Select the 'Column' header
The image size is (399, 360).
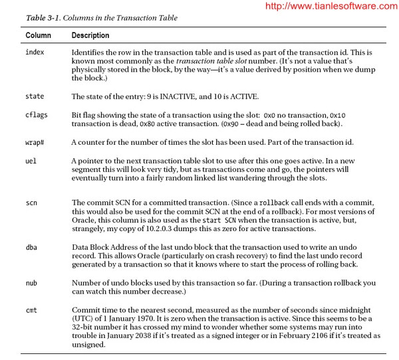tap(38, 35)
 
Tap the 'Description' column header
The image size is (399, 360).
tap(90, 35)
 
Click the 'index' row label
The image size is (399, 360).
tap(35, 50)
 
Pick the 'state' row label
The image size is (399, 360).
tap(35, 97)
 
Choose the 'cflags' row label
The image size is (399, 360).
tap(37, 115)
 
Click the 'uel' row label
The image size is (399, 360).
tap(31, 161)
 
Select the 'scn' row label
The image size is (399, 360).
tap(31, 202)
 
